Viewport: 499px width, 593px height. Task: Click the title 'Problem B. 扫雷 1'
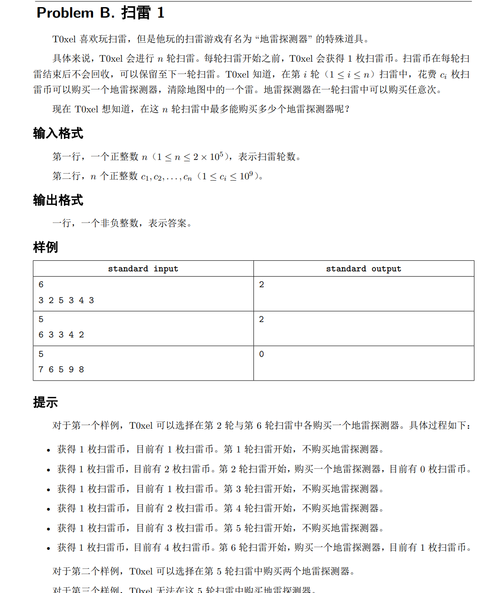point(101,13)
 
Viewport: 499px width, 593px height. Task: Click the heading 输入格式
point(58,133)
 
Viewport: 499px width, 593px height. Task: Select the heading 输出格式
point(58,200)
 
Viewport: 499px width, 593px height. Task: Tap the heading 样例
point(45,247)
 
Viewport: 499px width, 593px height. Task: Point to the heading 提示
point(45,402)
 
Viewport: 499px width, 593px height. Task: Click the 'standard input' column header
point(143,269)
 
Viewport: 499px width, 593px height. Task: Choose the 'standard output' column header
point(363,269)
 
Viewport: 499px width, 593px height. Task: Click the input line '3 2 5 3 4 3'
point(66,300)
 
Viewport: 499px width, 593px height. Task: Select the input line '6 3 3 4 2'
point(61,335)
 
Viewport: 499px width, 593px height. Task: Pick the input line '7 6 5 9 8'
point(61,370)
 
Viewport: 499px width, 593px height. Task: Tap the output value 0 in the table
point(261,354)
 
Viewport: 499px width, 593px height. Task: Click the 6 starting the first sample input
point(41,285)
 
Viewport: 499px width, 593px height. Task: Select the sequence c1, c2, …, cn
point(166,177)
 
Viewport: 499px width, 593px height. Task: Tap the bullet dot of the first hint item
point(48,450)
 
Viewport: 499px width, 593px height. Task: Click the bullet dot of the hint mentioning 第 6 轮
point(48,549)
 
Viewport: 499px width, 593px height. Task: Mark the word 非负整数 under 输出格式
point(119,223)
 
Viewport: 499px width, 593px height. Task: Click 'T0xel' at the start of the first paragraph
point(64,39)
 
